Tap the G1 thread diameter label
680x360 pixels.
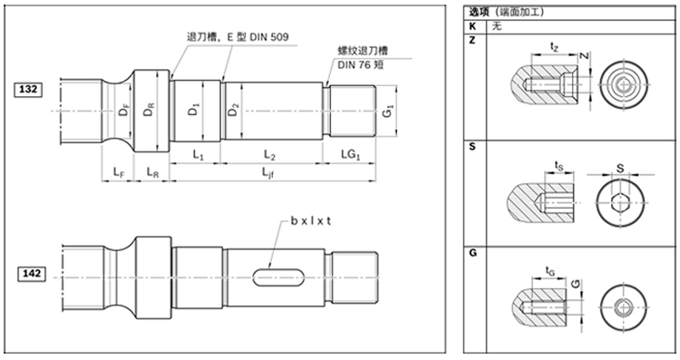tap(388, 114)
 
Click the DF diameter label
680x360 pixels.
tap(123, 112)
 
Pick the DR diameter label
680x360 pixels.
tap(151, 112)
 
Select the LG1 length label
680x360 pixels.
tap(349, 155)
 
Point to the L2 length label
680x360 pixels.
tap(269, 155)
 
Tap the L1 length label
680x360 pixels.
tap(198, 155)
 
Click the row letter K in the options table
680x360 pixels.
tap(473, 27)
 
